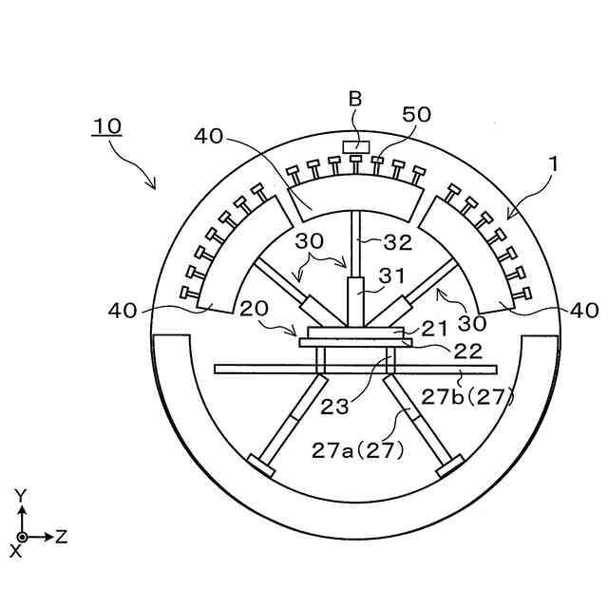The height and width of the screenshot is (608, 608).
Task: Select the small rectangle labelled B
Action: pos(356,145)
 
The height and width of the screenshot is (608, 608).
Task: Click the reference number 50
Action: pos(416,115)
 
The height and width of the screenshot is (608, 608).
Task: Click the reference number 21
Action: pos(433,328)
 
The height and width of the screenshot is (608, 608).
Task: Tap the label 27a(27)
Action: pos(358,450)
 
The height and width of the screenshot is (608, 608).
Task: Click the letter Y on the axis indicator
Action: pos(21,495)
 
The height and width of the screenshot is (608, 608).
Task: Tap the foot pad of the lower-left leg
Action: pos(260,466)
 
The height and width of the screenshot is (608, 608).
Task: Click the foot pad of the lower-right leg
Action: pos(449,466)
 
